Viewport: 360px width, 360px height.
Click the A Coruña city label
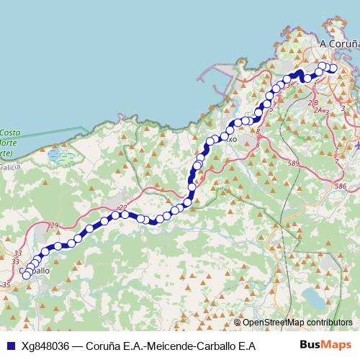339,44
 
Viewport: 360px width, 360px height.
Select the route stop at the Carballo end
27,274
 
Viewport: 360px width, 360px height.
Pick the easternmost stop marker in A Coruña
333,68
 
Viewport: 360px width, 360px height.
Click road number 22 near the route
122,207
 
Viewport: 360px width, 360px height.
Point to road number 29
54,227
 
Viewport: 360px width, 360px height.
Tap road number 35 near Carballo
6,285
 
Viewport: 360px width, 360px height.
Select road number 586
340,186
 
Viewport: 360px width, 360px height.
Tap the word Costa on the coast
9,133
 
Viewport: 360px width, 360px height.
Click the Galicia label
9,165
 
